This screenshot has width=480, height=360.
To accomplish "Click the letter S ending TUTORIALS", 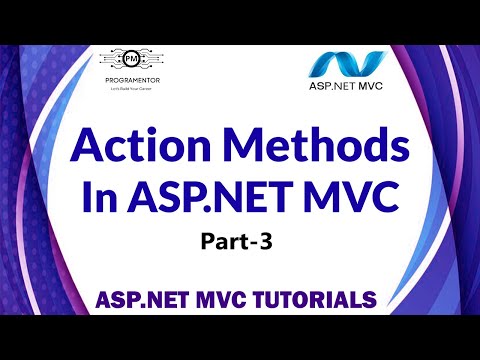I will (370, 299).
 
